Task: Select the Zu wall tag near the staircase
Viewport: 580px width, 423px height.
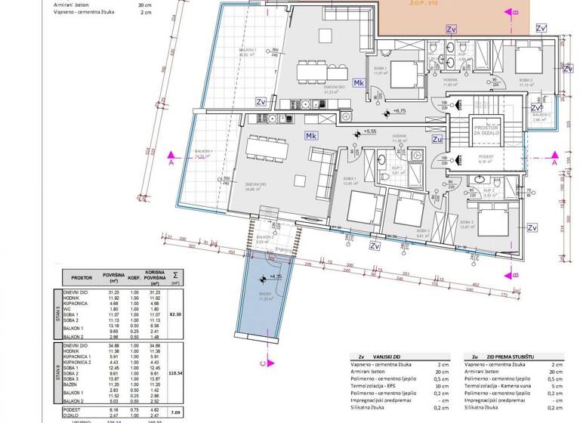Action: point(437,139)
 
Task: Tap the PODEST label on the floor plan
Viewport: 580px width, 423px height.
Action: point(486,156)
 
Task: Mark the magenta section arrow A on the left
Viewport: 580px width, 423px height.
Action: point(172,162)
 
